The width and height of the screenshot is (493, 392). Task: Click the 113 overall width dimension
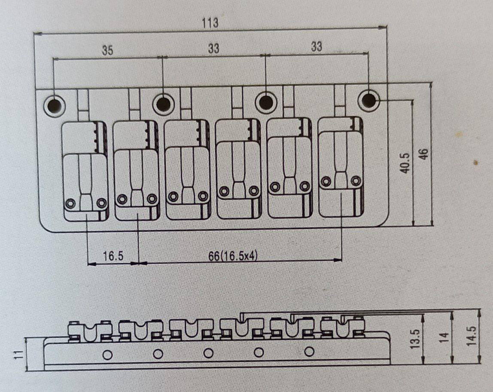210,23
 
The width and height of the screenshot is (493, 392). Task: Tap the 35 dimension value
107,50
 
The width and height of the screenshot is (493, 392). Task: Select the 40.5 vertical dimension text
405,163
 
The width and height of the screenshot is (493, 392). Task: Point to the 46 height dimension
424,154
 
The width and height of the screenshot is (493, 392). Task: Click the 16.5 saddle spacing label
113,256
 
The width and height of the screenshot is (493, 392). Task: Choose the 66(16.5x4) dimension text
233,256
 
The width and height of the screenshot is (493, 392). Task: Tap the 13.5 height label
415,339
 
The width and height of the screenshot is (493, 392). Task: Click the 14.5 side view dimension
472,336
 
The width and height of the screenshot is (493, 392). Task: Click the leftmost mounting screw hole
55,105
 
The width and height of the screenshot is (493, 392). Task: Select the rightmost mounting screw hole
369,101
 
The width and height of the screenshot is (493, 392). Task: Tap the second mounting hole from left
163,103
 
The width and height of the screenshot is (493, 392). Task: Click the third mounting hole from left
266,102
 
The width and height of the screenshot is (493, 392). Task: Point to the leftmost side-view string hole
107,355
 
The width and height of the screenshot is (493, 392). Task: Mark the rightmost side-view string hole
309,352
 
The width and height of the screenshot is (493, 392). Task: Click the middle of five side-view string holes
208,353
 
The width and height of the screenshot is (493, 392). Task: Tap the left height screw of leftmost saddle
70,203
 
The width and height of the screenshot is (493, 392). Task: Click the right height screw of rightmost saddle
356,181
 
